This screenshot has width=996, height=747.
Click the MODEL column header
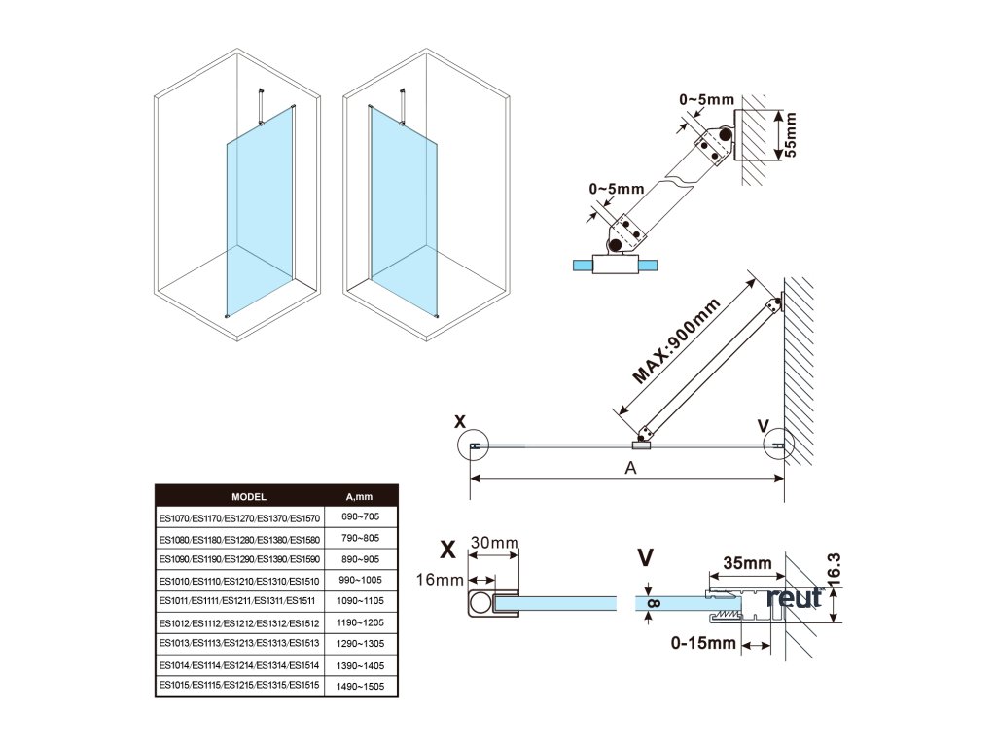point(249,495)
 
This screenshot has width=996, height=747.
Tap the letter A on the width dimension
point(630,468)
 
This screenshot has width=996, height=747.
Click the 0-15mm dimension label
point(702,643)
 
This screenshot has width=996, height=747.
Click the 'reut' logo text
point(795,597)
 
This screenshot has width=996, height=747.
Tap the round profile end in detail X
point(481,604)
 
